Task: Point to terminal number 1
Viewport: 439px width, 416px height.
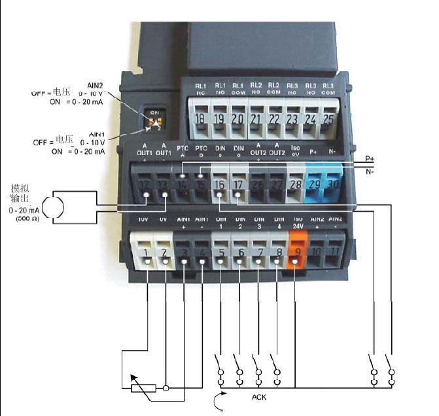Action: pyautogui.click(x=147, y=251)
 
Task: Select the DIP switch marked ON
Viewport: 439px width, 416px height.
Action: pyautogui.click(x=156, y=121)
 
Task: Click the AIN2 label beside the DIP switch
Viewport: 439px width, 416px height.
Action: pyautogui.click(x=96, y=84)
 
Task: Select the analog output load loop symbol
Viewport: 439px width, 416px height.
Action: pyautogui.click(x=56, y=203)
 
